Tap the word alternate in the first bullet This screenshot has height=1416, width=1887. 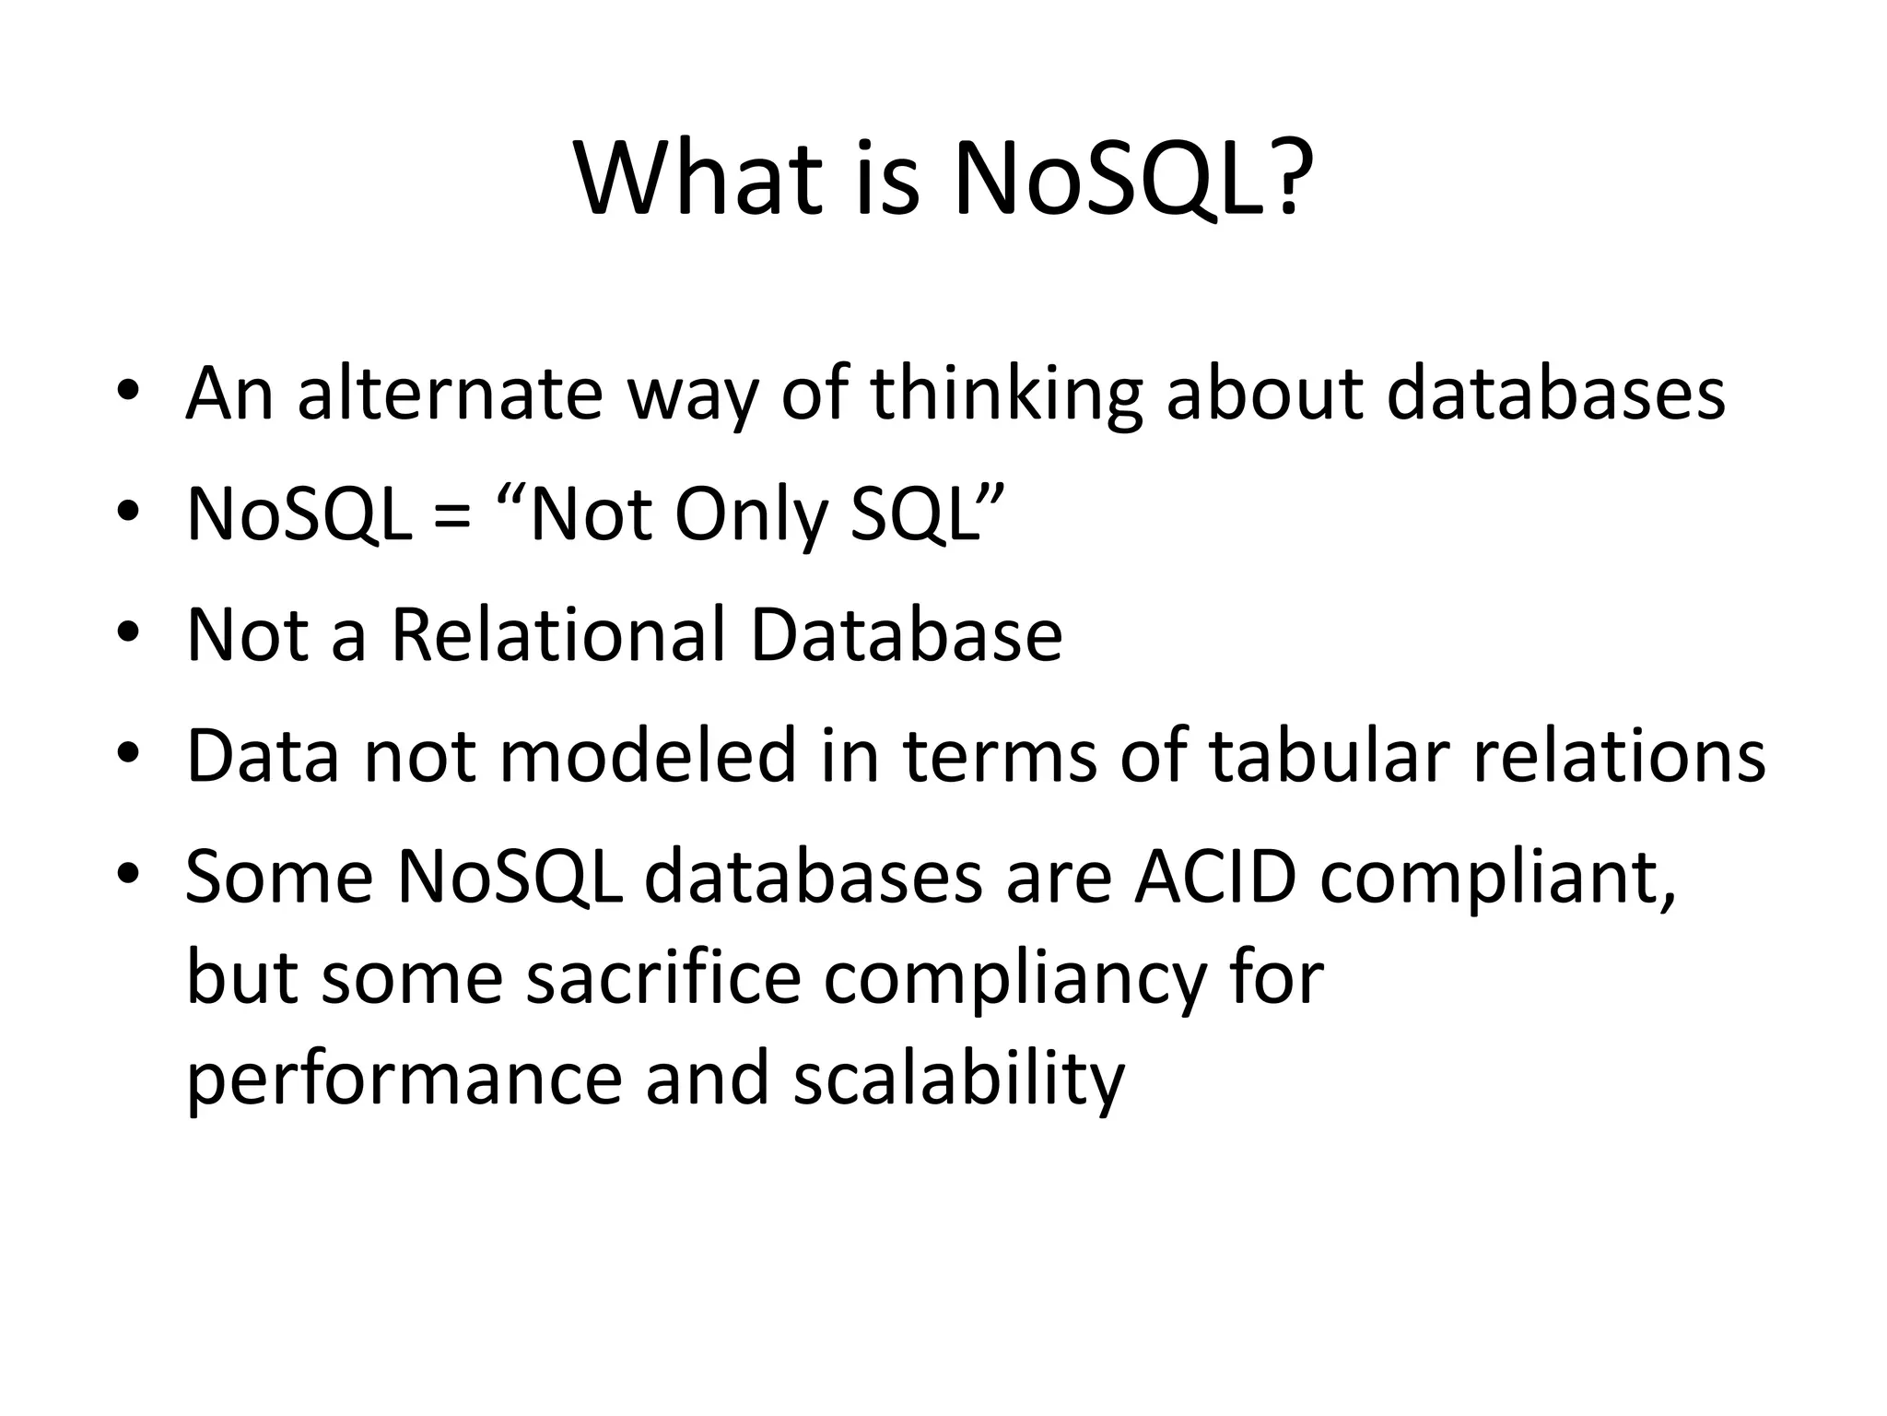[x=450, y=395]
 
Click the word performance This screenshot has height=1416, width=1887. [x=404, y=1080]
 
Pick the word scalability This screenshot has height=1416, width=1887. [x=958, y=1080]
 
